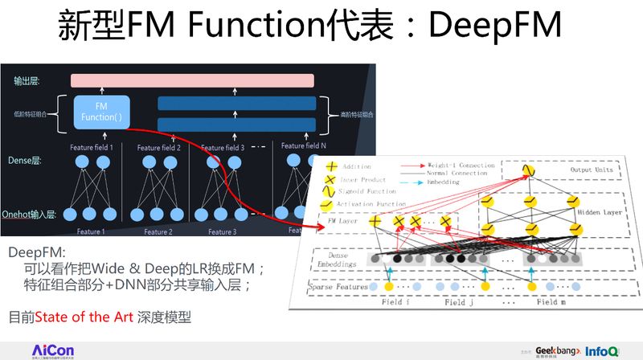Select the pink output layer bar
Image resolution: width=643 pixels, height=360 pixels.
click(x=191, y=80)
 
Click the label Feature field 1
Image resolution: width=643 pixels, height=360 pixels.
click(x=91, y=148)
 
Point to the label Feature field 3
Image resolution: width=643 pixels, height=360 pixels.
click(x=223, y=148)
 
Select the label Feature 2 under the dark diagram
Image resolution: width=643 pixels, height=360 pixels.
click(x=158, y=232)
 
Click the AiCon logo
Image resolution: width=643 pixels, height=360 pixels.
click(x=53, y=350)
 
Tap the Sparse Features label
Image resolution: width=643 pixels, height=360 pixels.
click(x=340, y=286)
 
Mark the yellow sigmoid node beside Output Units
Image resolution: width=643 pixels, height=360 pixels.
click(x=528, y=170)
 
